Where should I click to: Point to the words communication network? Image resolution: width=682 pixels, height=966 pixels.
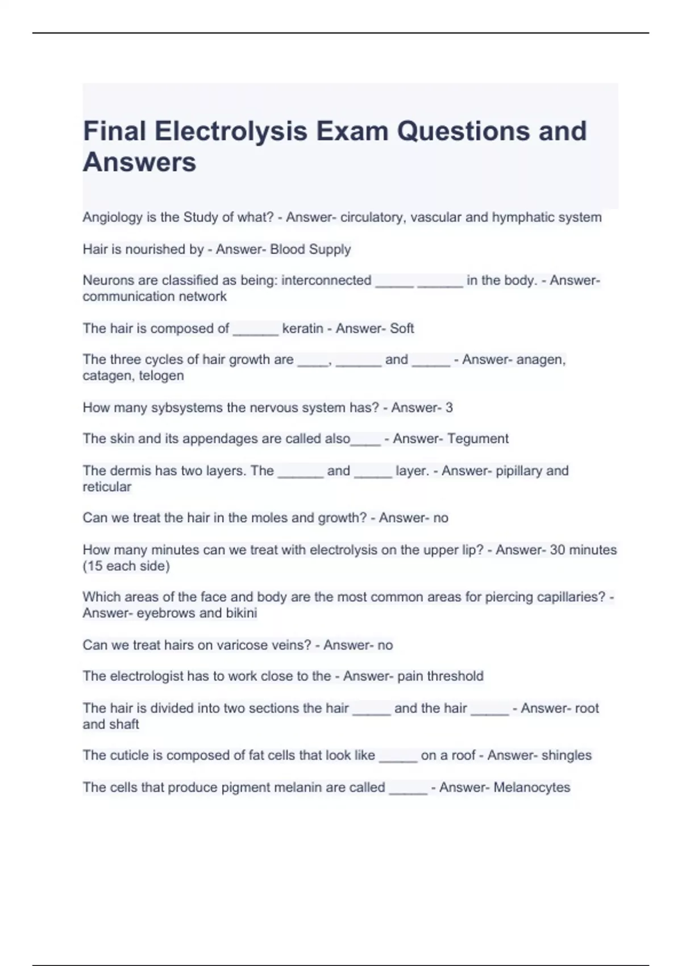point(155,296)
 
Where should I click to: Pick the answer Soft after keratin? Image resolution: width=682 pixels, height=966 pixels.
point(402,328)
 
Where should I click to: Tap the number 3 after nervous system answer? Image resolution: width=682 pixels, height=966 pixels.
point(449,407)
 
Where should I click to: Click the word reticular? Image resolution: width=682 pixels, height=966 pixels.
point(107,486)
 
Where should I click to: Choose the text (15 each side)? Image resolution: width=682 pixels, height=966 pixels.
point(126,566)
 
